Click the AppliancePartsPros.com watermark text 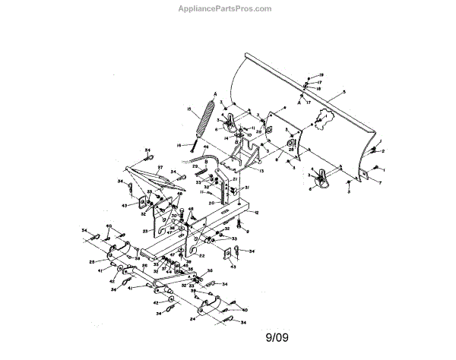click(228, 8)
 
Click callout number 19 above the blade click(321, 74)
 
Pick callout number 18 click(319, 89)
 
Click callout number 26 click(144, 265)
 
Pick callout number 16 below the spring click(179, 144)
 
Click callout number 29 click(194, 166)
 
